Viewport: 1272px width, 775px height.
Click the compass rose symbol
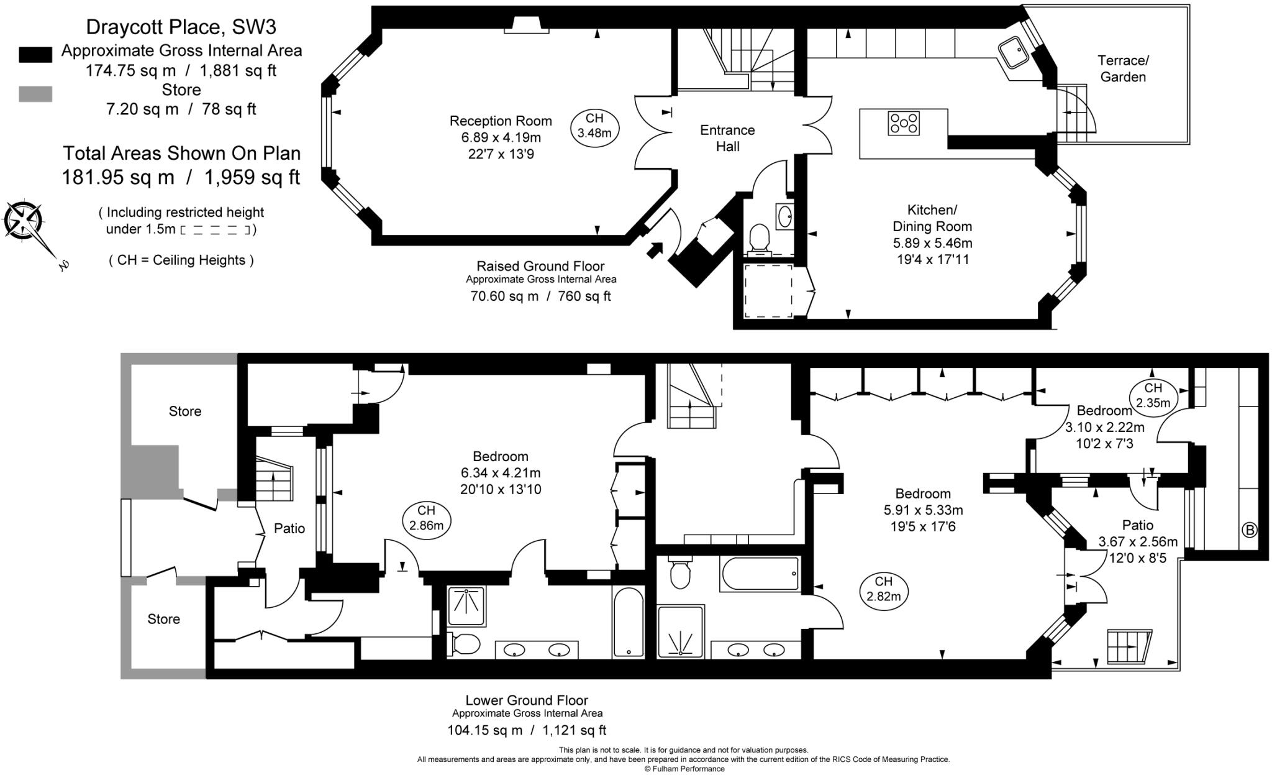click(x=24, y=220)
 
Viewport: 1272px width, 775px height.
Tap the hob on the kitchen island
click(x=904, y=122)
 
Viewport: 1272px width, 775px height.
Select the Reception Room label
click(x=501, y=121)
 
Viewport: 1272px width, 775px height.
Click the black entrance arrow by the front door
click(x=655, y=250)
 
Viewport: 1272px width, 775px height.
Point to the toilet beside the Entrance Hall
click(x=760, y=238)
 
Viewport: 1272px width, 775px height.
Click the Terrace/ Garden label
click(x=1123, y=68)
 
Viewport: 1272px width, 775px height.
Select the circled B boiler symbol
click(x=1248, y=530)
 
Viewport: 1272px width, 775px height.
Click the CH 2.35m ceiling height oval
click(x=1153, y=395)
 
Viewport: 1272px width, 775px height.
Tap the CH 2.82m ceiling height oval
click(x=883, y=589)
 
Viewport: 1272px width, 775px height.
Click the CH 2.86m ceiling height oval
click(x=426, y=518)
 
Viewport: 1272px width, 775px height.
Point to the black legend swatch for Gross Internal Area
click(x=35, y=54)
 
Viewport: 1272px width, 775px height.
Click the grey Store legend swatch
click(x=35, y=94)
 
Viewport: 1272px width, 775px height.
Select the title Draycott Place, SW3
click(x=181, y=27)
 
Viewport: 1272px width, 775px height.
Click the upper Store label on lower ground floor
click(x=185, y=411)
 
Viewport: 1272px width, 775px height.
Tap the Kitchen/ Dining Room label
click(x=932, y=218)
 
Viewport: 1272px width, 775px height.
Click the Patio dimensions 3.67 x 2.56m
click(x=1137, y=542)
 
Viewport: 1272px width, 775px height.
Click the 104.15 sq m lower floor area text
click(x=485, y=730)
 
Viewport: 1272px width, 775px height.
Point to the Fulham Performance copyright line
click(x=684, y=769)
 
